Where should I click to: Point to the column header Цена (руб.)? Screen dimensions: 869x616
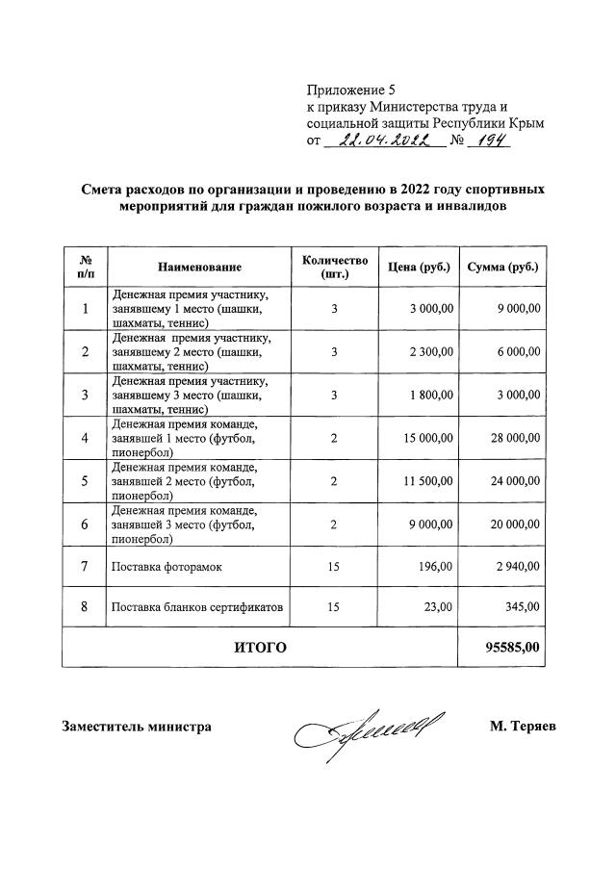tap(419, 267)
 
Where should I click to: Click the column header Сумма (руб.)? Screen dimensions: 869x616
tap(501, 267)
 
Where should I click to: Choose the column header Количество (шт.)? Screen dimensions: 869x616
tap(334, 267)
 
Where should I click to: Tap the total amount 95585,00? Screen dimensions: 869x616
tap(513, 648)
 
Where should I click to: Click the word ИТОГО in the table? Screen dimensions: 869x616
tap(260, 648)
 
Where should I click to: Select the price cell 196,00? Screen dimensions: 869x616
tap(435, 567)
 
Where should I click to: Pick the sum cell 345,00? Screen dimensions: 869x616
tap(524, 607)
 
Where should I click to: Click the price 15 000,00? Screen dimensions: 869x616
tap(428, 438)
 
